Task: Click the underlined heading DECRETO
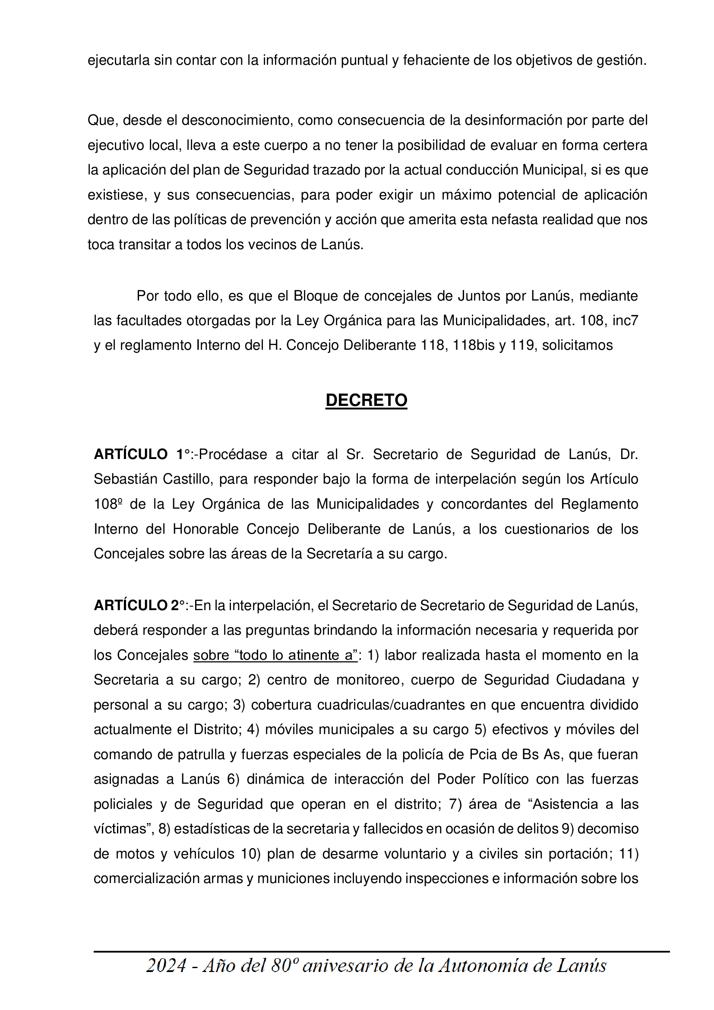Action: tap(366, 400)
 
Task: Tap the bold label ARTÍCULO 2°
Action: tap(139, 606)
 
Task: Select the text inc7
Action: tap(625, 321)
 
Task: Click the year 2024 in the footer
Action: tap(166, 966)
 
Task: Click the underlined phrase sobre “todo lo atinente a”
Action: tap(275, 655)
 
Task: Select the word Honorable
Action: tap(206, 529)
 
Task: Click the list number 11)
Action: tap(628, 854)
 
